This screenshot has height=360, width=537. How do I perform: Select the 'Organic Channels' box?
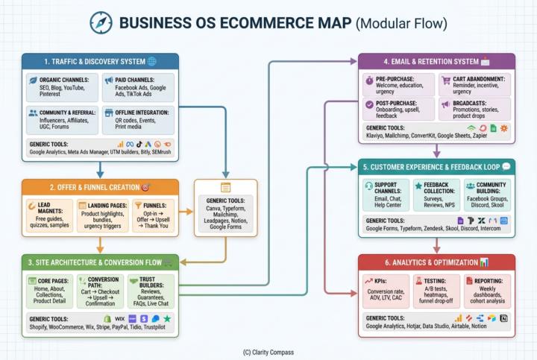(x=60, y=87)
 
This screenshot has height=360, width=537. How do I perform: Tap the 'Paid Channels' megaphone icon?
(x=109, y=80)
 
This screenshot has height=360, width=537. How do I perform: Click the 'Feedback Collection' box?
(x=436, y=195)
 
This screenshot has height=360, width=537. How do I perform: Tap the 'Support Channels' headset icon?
(x=368, y=185)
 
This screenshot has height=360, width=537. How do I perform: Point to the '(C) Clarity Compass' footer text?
(x=268, y=351)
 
